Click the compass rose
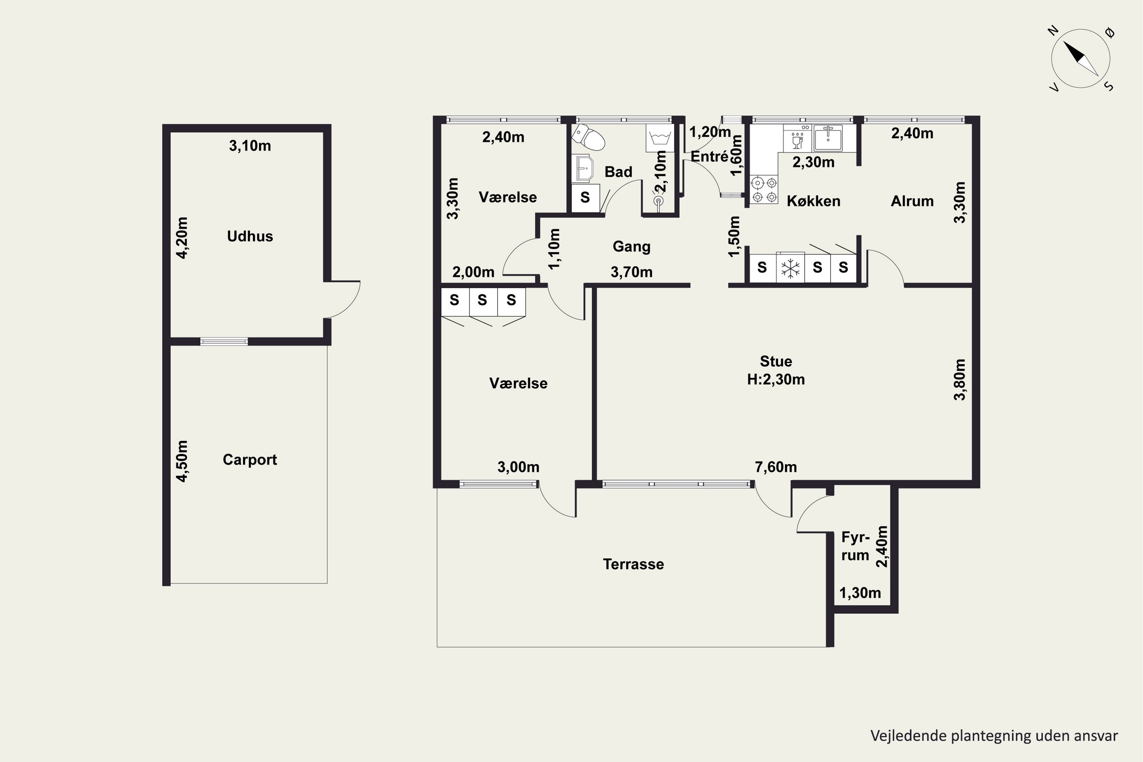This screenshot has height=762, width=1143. coord(1081,58)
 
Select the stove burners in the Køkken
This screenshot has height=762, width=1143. coord(764,189)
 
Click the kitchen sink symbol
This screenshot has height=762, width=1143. coord(828,138)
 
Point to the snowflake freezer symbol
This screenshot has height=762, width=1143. coord(791,268)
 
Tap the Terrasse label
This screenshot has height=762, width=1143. coord(633,564)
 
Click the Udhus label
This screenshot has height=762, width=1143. coord(250,236)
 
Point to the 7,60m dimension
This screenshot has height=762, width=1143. coord(776,467)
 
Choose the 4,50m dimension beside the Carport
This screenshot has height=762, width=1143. coord(182,461)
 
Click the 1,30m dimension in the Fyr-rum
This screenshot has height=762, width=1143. coord(860,593)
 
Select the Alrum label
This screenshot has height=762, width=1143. coord(912,201)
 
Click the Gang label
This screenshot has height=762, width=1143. coord(631,247)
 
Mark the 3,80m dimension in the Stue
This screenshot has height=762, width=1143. coord(959,379)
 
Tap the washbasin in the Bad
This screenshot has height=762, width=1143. coord(583,168)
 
